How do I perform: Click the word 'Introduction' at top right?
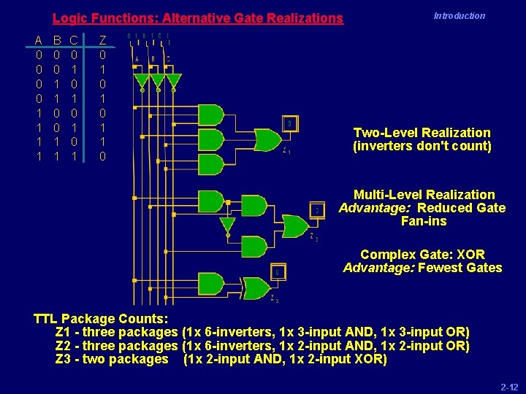point(459,16)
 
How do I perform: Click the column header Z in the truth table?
point(103,39)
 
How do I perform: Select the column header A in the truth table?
point(38,39)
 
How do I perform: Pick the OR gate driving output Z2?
point(294,226)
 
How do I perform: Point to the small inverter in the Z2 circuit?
point(228,225)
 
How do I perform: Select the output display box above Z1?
point(289,124)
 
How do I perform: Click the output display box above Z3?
point(278,273)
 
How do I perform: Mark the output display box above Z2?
point(316,210)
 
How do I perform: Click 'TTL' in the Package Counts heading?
point(46,319)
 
